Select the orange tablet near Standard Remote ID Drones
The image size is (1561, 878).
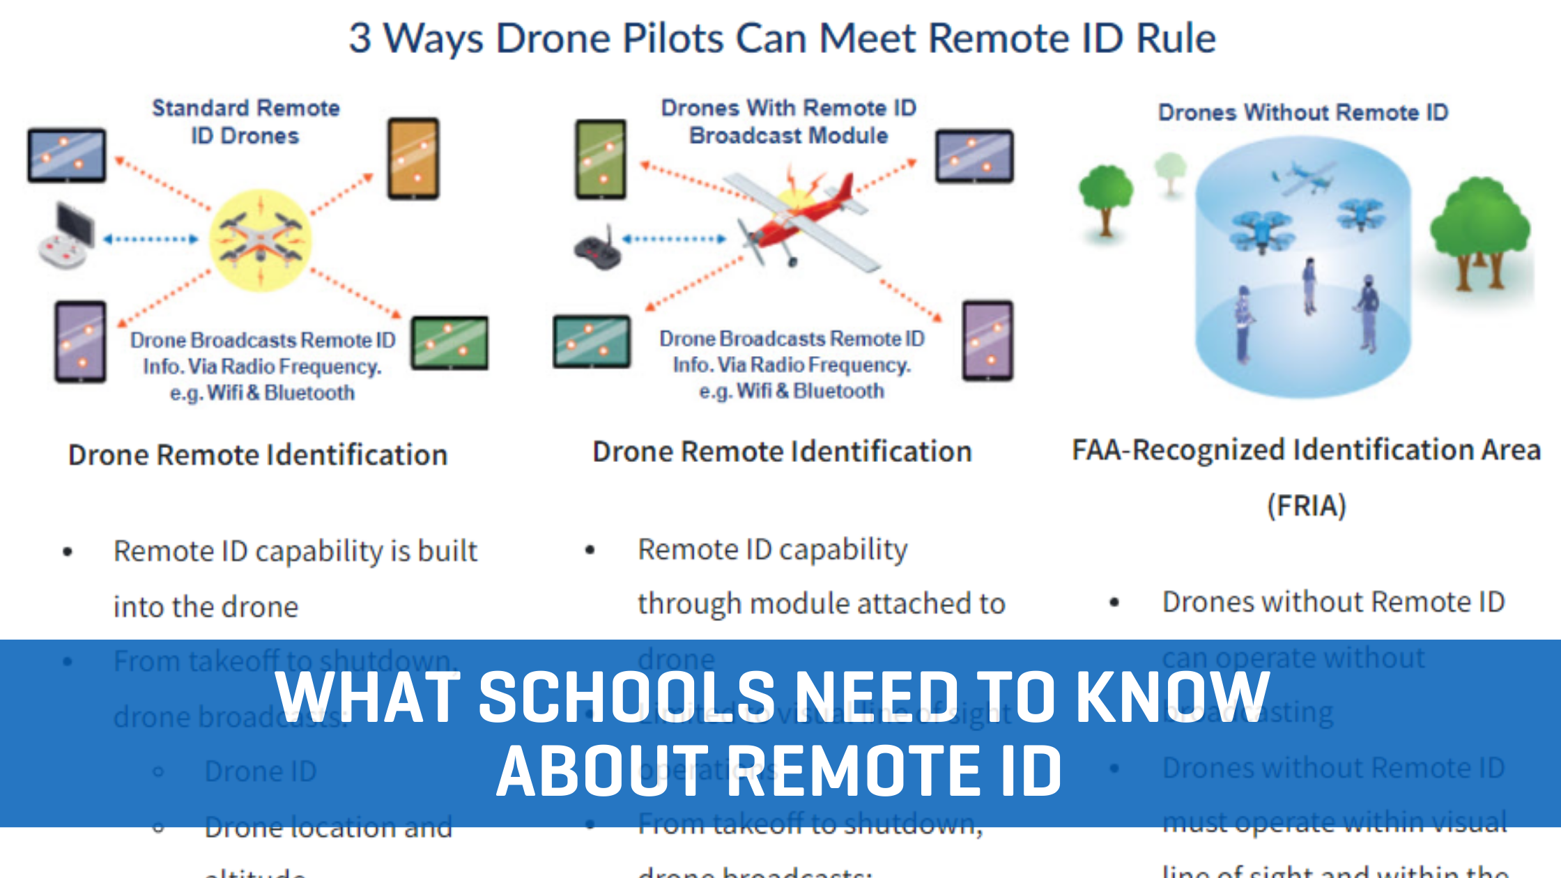coord(413,158)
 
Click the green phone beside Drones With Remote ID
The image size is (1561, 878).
coord(600,159)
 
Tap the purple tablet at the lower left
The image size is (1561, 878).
coord(81,341)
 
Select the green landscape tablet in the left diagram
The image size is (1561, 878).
coord(449,342)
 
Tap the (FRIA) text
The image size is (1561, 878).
coord(1306,506)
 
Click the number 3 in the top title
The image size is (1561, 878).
coord(360,38)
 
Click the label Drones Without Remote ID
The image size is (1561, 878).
coord(1303,112)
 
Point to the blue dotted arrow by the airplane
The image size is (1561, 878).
coord(673,239)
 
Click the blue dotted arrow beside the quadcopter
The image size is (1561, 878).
coord(151,239)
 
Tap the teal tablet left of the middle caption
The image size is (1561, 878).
coord(592,341)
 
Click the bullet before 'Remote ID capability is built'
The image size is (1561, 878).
coord(68,552)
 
